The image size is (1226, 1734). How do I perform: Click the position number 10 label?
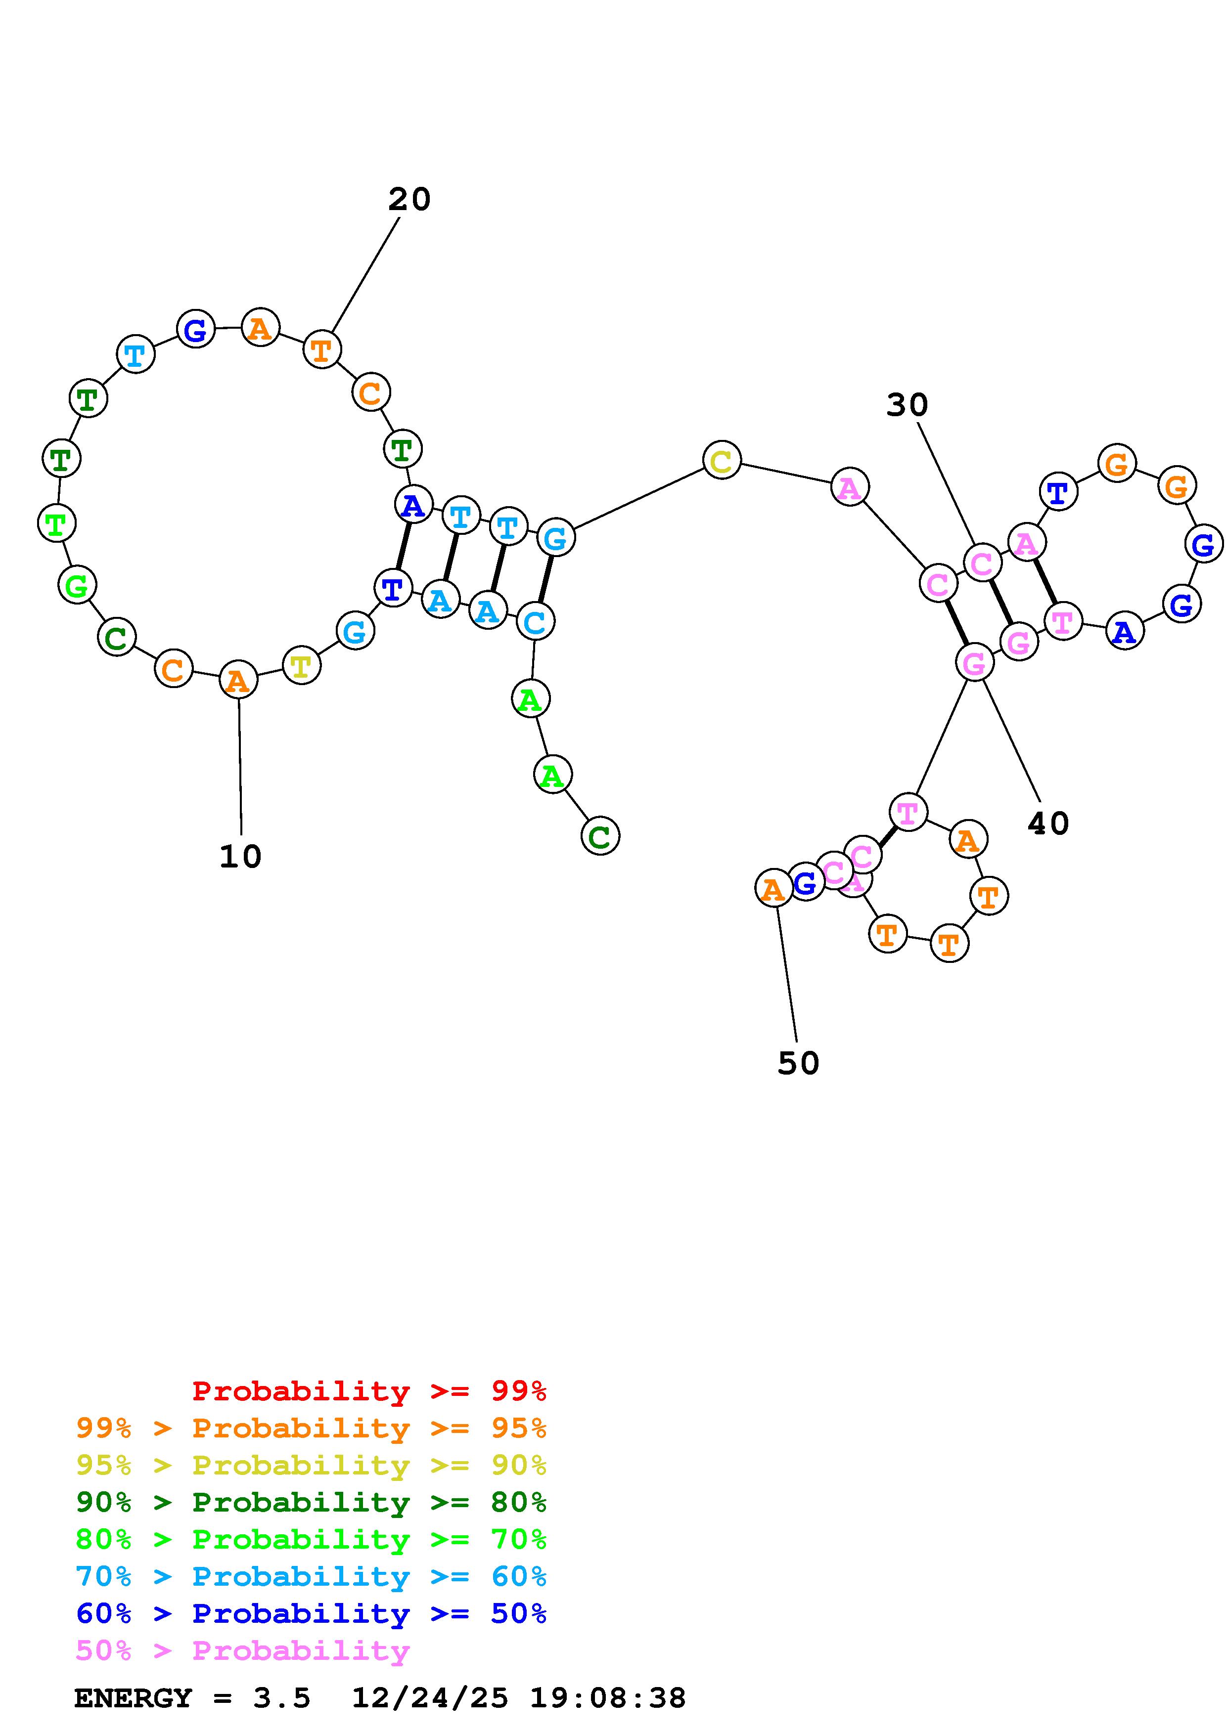pyautogui.click(x=240, y=857)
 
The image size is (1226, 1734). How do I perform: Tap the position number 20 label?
pyautogui.click(x=409, y=199)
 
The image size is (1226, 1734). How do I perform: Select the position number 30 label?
pyautogui.click(x=907, y=405)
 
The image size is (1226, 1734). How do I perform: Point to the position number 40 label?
pyautogui.click(x=1048, y=823)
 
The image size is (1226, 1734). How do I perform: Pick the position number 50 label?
pyautogui.click(x=798, y=1063)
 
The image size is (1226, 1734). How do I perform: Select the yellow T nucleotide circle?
pyautogui.click(x=301, y=665)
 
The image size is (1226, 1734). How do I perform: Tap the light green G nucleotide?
pyautogui.click(x=77, y=585)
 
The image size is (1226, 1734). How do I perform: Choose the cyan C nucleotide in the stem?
pyautogui.click(x=535, y=621)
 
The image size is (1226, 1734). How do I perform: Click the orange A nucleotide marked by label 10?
pyautogui.click(x=238, y=681)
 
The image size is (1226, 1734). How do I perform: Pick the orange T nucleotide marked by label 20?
pyautogui.click(x=322, y=349)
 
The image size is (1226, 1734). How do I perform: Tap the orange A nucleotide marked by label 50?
pyautogui.click(x=773, y=888)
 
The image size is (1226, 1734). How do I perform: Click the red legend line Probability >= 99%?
pyautogui.click(x=368, y=1391)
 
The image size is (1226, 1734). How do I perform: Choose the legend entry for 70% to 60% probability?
pyautogui.click(x=311, y=1577)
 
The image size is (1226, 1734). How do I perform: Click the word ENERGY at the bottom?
pyautogui.click(x=133, y=1698)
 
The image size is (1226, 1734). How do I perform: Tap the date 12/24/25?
pyautogui.click(x=430, y=1698)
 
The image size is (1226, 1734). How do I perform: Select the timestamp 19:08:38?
pyautogui.click(x=607, y=1698)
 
